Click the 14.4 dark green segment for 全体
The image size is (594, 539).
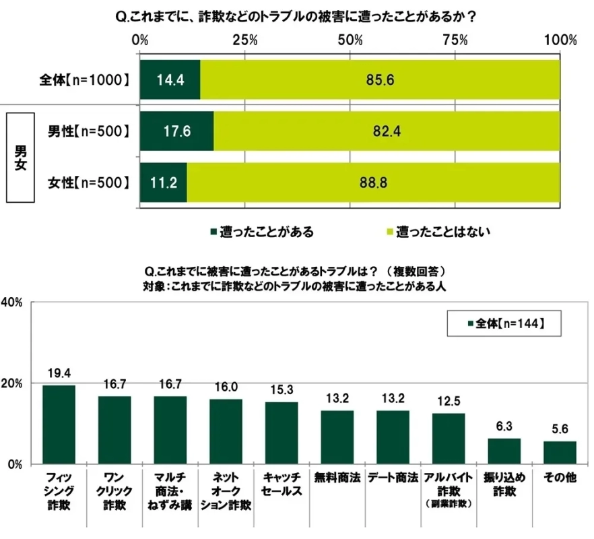click(170, 80)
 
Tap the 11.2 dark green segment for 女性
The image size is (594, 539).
click(164, 182)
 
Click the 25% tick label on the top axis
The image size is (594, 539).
click(245, 40)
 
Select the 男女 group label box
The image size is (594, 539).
click(20, 156)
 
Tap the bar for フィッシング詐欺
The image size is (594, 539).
click(59, 424)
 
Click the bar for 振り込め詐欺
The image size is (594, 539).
click(504, 451)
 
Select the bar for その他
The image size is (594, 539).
click(560, 452)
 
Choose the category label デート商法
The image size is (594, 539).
click(393, 476)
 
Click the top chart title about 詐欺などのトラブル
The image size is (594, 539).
click(296, 18)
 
